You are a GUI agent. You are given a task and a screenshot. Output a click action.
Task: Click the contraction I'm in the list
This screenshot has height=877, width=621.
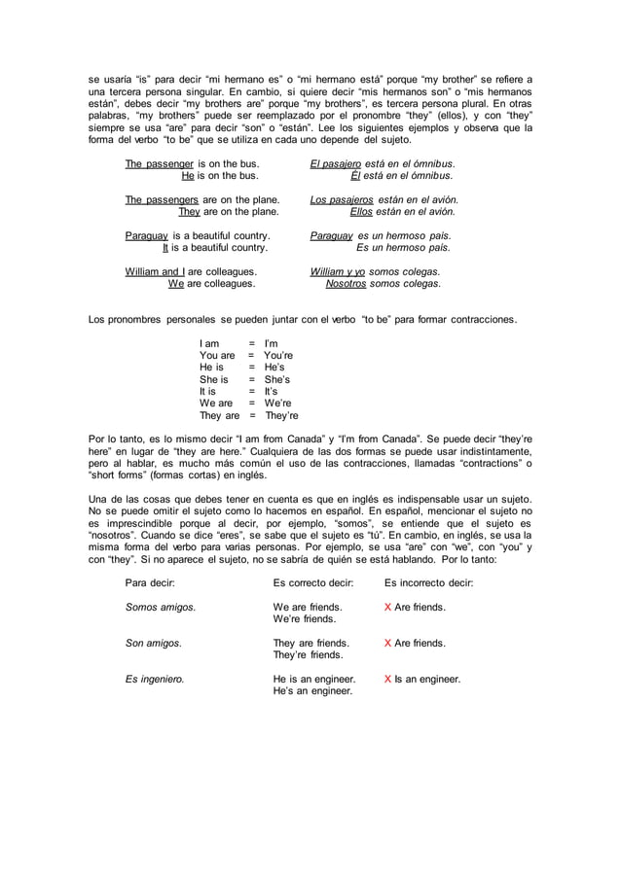272,343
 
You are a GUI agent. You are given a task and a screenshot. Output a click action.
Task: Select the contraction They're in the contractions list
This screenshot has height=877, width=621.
281,416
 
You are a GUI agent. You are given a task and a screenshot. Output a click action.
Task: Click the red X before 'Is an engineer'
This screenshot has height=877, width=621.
388,680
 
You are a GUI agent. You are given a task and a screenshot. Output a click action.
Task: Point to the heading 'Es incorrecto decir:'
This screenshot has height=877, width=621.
429,583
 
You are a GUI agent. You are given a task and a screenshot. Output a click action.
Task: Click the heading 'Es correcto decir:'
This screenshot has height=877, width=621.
314,583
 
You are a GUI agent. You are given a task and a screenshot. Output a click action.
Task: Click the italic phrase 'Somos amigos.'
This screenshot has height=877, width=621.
161,608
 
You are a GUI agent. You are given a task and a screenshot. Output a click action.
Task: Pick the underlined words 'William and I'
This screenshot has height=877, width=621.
158,272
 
